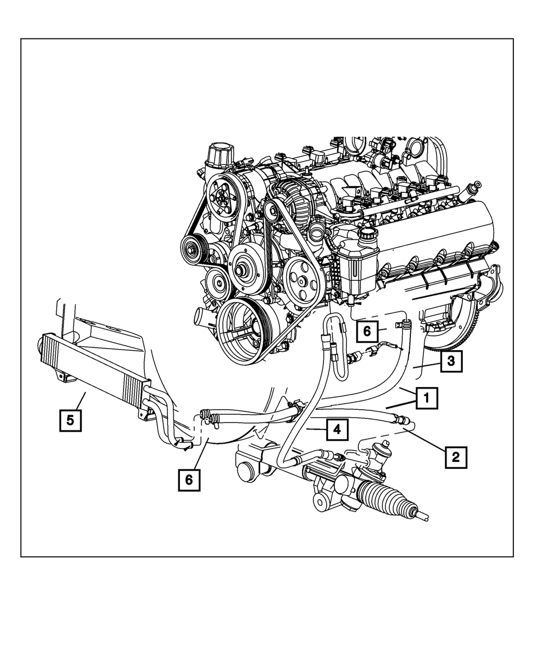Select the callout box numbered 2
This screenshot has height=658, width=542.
point(456,456)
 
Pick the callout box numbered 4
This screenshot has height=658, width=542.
point(337,430)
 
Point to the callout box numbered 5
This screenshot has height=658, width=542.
point(70,420)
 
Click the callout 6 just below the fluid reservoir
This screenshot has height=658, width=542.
point(367,331)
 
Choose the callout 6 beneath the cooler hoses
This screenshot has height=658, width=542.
point(189,480)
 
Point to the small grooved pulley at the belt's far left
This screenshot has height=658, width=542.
point(191,250)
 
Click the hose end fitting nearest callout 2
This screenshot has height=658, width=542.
point(403,419)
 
